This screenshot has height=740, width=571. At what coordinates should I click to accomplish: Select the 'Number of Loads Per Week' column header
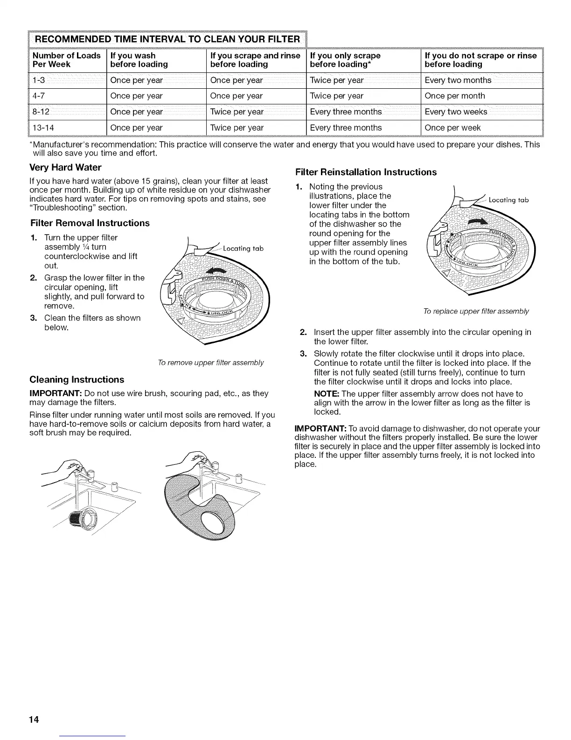(x=66, y=60)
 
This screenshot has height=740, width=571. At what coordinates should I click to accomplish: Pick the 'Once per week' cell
(x=453, y=128)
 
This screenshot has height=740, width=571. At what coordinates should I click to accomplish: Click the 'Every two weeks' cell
(x=456, y=112)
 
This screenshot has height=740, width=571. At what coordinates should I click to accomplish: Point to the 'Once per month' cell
(x=455, y=96)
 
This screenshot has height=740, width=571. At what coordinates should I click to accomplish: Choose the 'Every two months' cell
(x=458, y=80)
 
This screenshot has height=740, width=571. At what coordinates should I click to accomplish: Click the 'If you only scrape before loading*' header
(x=345, y=60)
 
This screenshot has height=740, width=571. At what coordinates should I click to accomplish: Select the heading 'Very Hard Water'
(x=65, y=167)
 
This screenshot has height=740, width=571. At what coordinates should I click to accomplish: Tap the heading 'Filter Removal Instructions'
(x=90, y=223)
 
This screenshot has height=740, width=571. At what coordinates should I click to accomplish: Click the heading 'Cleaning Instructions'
(x=77, y=379)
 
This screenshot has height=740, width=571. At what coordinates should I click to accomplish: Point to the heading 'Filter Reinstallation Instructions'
(x=366, y=172)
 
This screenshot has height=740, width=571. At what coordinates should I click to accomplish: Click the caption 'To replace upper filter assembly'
(x=476, y=311)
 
